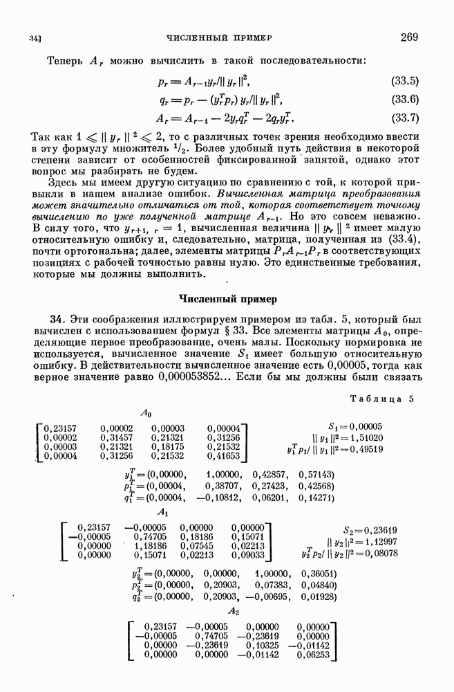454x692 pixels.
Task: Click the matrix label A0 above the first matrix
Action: point(146,412)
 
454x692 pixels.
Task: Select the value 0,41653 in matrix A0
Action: point(223,456)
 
